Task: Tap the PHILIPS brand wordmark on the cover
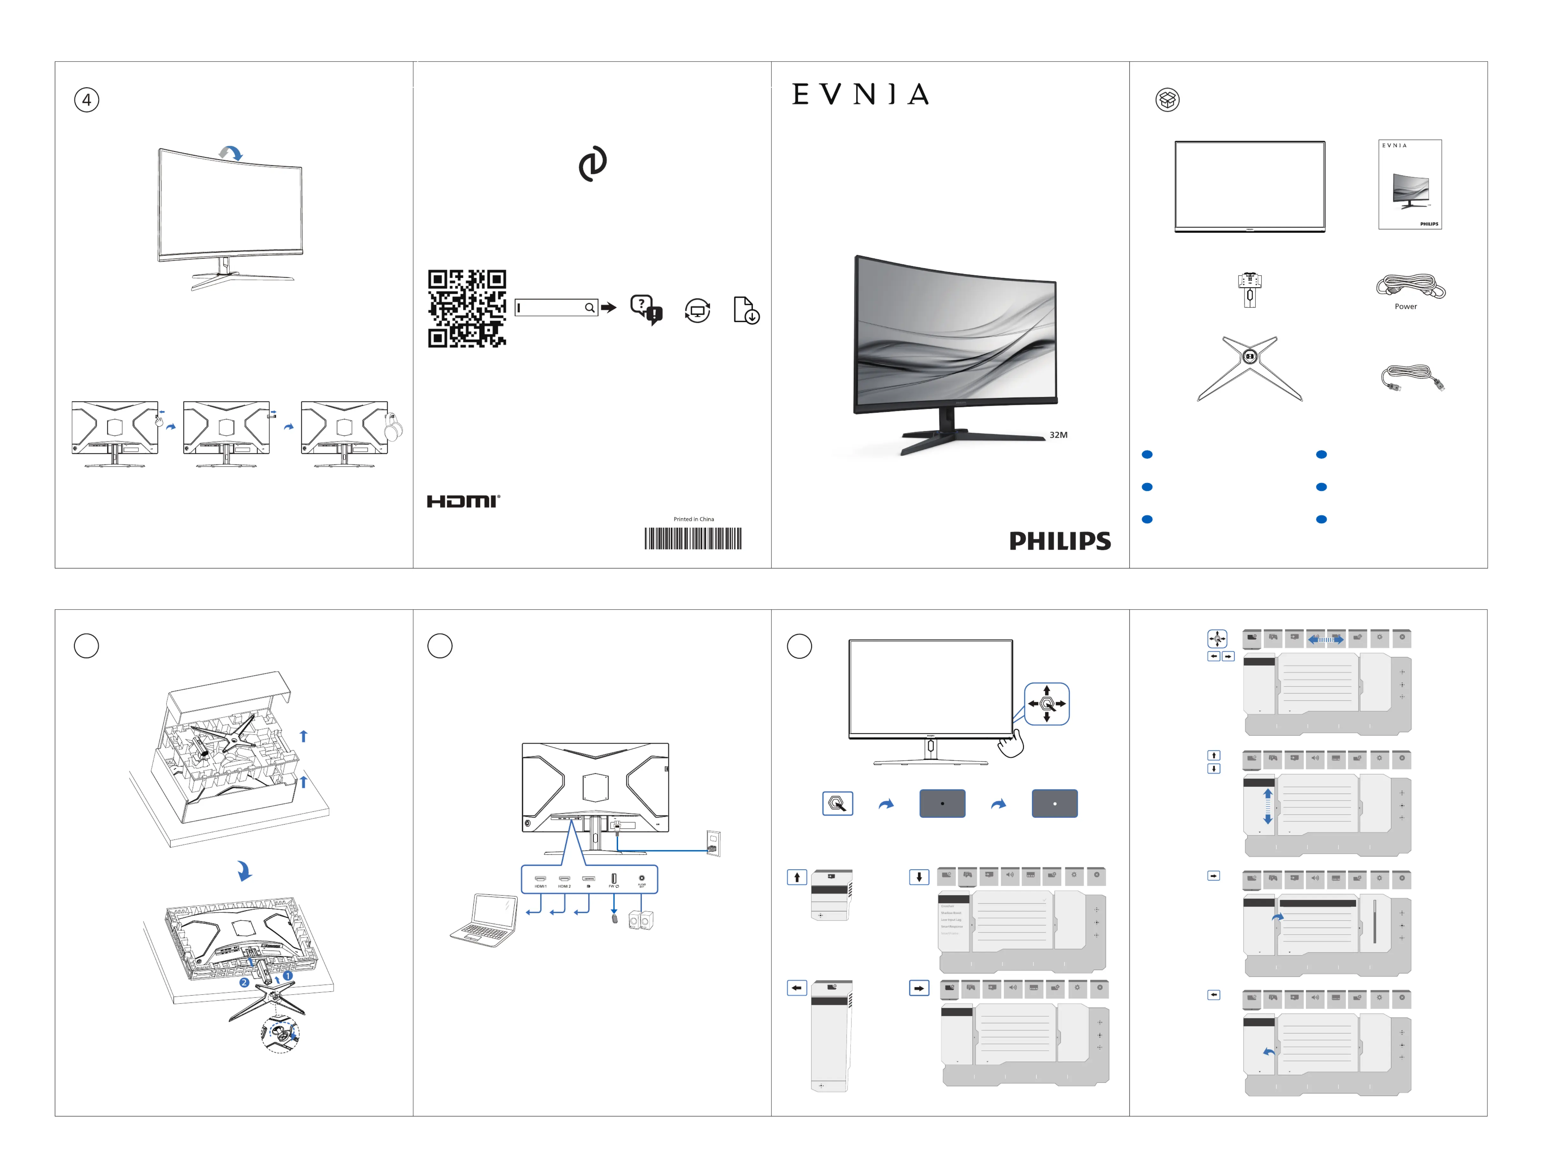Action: click(1060, 541)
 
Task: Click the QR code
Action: click(467, 308)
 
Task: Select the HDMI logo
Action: click(463, 501)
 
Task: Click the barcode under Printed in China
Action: click(693, 539)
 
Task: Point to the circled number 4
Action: click(87, 100)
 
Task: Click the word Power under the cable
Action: click(1405, 307)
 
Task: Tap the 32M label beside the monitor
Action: click(1058, 435)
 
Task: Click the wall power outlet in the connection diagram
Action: click(713, 843)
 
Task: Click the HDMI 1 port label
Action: click(540, 886)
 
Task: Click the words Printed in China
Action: click(694, 519)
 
